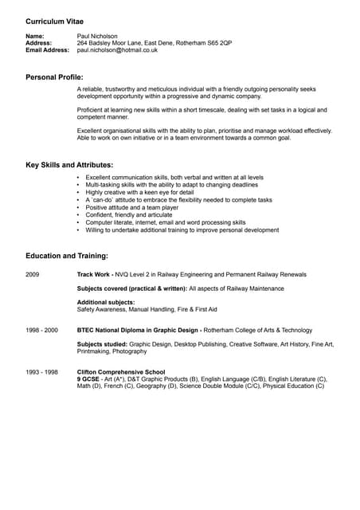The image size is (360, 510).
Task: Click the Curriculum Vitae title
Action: pyautogui.click(x=54, y=20)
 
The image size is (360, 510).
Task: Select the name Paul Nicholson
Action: pyautogui.click(x=97, y=36)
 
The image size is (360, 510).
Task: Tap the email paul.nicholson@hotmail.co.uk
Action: pyautogui.click(x=117, y=49)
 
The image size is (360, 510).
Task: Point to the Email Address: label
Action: pyautogui.click(x=48, y=49)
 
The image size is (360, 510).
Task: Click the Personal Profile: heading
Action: pyautogui.click(x=54, y=77)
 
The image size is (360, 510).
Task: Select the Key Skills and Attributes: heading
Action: pyautogui.click(x=69, y=165)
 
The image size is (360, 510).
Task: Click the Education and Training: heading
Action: pyautogui.click(x=67, y=256)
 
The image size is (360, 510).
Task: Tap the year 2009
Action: pyautogui.click(x=33, y=274)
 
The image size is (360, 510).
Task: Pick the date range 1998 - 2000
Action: pyautogui.click(x=41, y=330)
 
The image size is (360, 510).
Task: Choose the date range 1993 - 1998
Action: pyautogui.click(x=41, y=372)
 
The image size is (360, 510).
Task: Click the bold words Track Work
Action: pyautogui.click(x=94, y=274)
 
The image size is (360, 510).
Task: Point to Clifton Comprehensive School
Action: pyautogui.click(x=121, y=372)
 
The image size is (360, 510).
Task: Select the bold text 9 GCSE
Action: pyautogui.click(x=90, y=379)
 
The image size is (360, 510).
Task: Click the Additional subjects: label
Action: pyautogui.click(x=106, y=302)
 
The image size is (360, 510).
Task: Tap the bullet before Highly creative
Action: pyautogui.click(x=78, y=193)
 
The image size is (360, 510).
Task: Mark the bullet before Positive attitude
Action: pyautogui.click(x=78, y=208)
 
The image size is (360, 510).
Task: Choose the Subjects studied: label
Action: pyautogui.click(x=101, y=344)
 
